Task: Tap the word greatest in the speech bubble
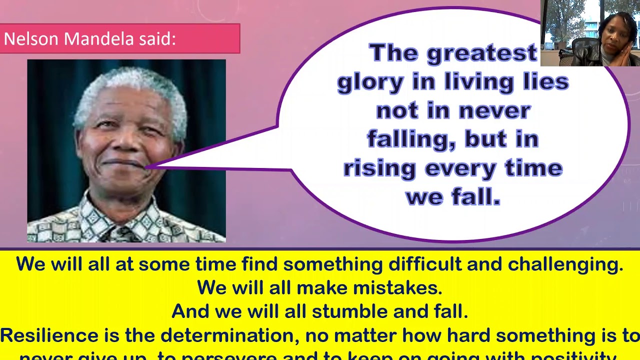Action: tap(481, 53)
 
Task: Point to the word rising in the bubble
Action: tap(379, 168)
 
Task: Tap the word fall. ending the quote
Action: tap(476, 196)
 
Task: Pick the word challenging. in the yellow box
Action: tap(565, 264)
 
